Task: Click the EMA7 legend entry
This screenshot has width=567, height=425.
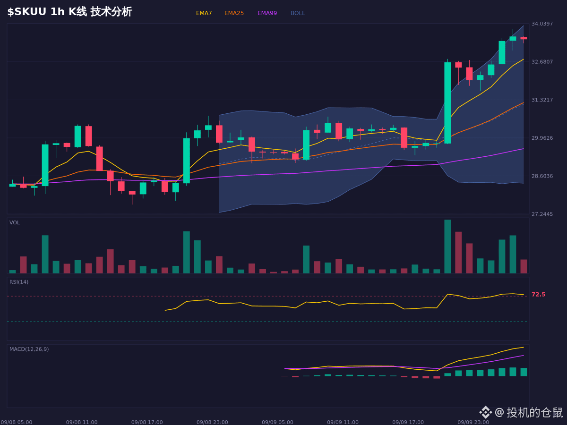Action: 204,13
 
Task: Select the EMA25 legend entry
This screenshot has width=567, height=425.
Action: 234,13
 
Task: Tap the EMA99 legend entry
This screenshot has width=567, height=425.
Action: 267,13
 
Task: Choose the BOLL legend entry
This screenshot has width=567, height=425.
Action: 298,13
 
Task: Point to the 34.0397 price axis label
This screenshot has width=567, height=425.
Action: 542,24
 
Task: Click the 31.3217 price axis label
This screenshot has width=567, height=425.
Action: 542,100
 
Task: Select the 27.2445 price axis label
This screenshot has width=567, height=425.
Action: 542,214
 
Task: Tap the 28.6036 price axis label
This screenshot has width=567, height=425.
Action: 542,176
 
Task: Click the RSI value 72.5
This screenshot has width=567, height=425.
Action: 538,294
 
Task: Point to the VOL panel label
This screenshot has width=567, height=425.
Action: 15,223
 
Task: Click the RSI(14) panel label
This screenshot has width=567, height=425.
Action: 19,282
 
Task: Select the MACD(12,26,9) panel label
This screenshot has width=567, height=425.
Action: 29,349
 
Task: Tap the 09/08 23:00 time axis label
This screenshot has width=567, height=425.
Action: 212,422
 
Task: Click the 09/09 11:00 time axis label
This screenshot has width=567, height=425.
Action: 343,422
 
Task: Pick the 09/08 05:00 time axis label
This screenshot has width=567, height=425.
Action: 16,422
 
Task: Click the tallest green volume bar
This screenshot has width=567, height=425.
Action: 447,246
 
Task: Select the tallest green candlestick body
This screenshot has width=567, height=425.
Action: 447,103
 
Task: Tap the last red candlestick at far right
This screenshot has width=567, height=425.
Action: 524,38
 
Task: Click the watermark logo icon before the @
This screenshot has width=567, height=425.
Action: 486,412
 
